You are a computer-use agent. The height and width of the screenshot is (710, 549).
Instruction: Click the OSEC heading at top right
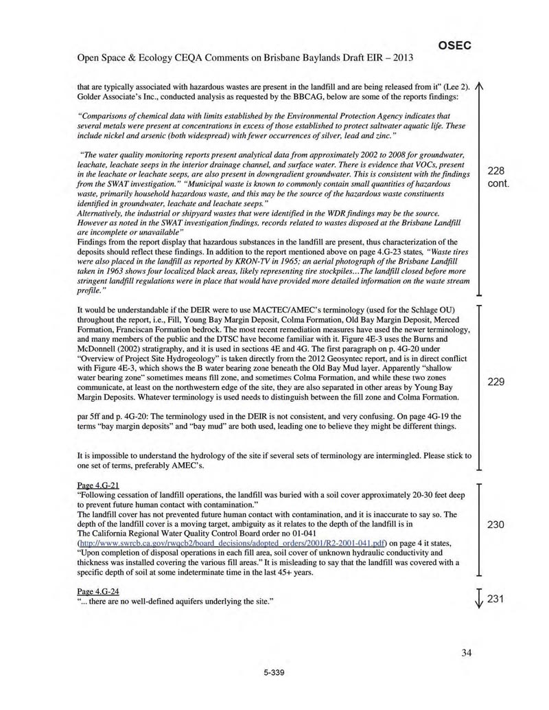click(454, 45)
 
